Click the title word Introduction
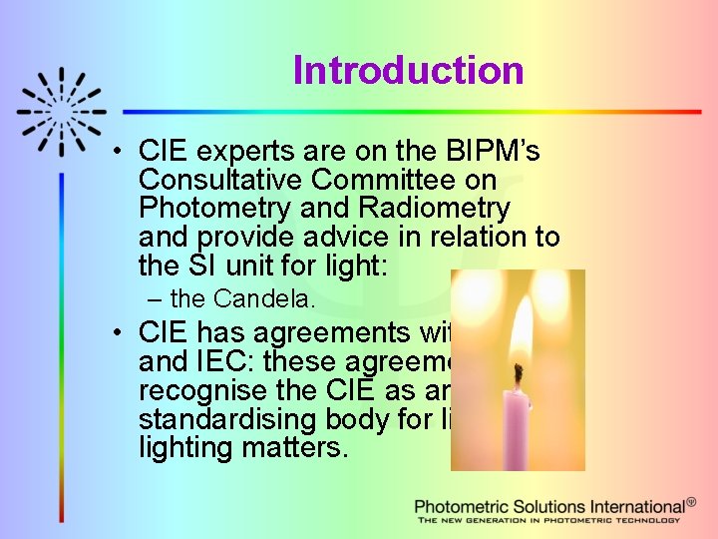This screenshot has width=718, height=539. pos(408,71)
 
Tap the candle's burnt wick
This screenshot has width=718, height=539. pos(519,375)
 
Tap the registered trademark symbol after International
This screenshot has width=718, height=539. pos(693,503)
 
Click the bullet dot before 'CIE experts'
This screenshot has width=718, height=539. pos(118,153)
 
